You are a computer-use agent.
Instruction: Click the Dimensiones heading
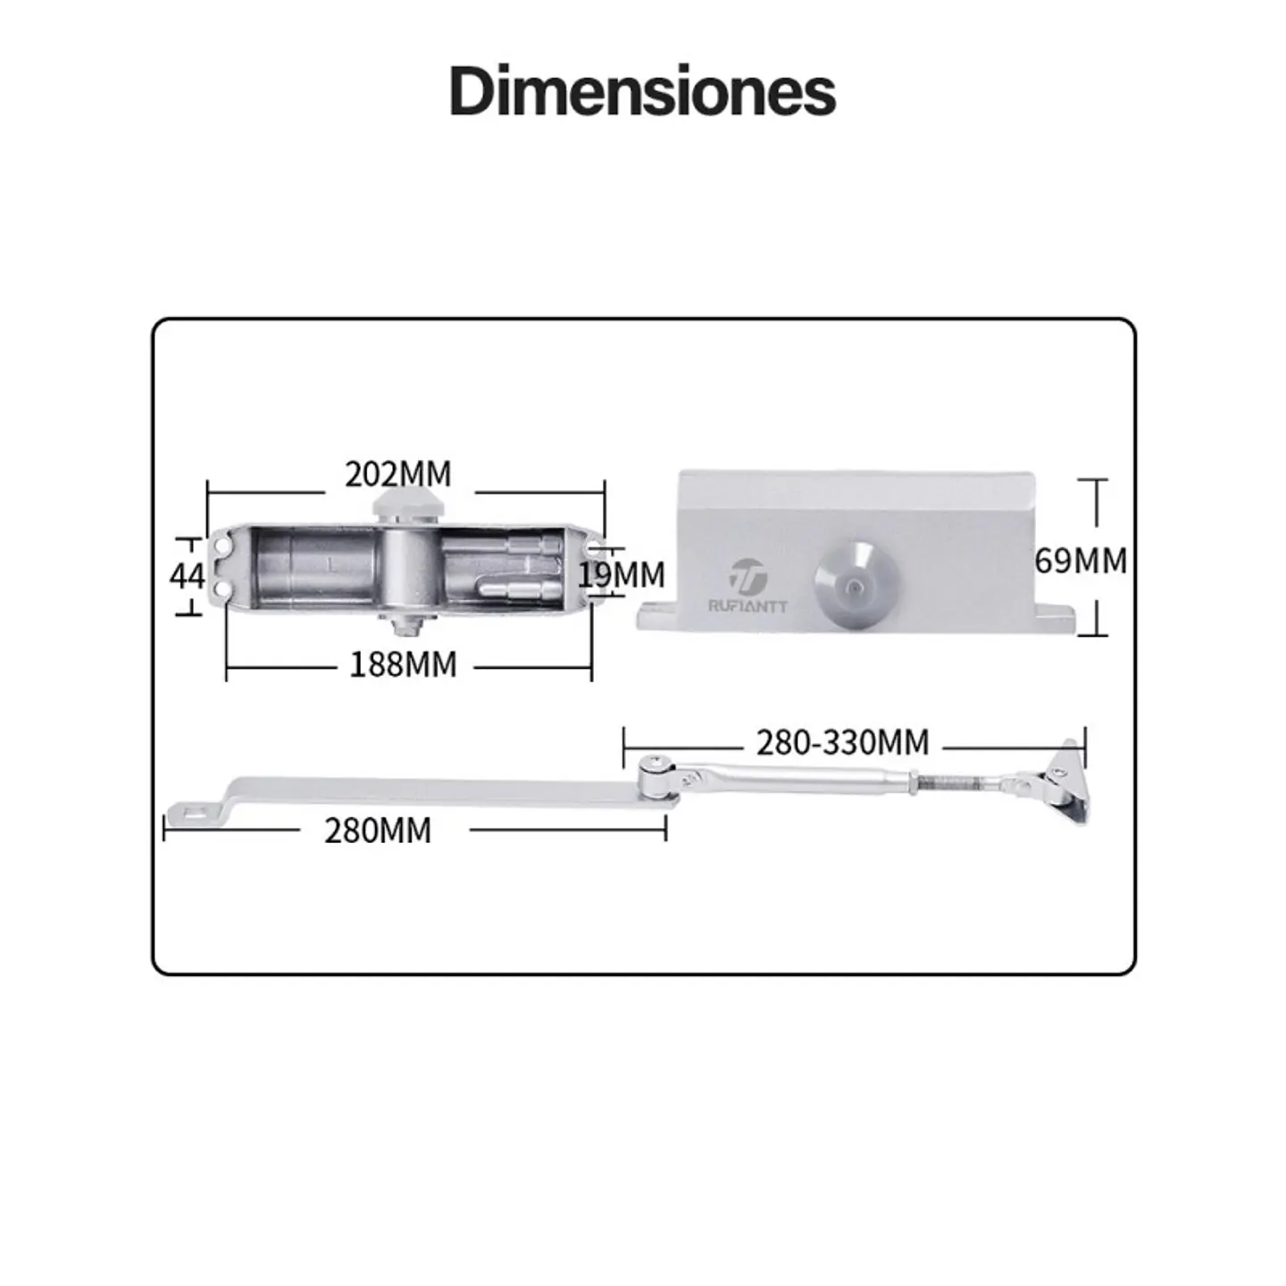coord(642,91)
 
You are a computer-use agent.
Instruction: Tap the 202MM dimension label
coord(398,474)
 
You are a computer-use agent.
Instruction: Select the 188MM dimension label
coord(404,664)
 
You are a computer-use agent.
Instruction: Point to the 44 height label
coord(187,576)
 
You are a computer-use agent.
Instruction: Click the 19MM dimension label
coord(622,574)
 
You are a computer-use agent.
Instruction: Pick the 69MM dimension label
coord(1081,561)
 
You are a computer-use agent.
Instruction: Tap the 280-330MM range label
coord(843,742)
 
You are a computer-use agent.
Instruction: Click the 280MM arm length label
coord(378,831)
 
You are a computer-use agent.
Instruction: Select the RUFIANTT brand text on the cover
coord(748,606)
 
